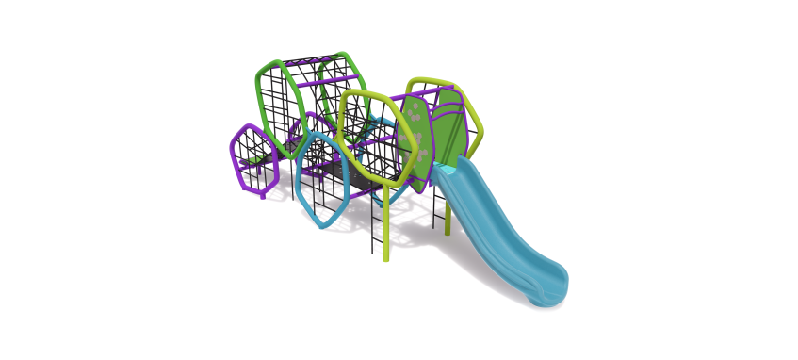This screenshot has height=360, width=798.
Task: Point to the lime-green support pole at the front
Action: [x=385, y=231]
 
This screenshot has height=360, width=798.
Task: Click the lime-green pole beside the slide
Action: [x=448, y=217]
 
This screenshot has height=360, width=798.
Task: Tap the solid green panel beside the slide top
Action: [x=450, y=127]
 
